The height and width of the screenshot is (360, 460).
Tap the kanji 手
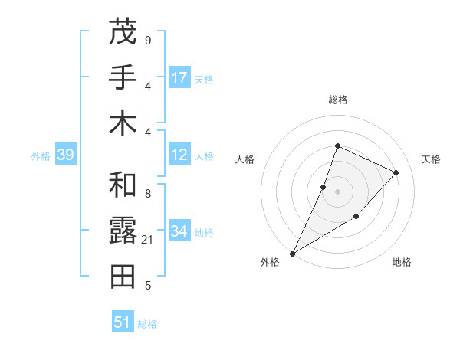click(122, 77)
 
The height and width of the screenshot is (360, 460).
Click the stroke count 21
click(147, 241)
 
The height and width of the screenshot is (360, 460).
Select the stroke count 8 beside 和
click(147, 195)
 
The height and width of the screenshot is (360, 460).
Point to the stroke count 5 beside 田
click(147, 286)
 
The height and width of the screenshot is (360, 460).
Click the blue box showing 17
click(179, 78)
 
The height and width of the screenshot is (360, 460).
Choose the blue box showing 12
click(179, 155)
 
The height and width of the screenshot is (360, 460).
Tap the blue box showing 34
click(179, 231)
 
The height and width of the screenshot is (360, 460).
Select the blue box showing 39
click(65, 155)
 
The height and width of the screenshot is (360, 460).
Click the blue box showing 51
click(122, 322)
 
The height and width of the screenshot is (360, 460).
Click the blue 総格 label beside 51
click(147, 324)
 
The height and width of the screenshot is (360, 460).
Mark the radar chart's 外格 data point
click(292, 253)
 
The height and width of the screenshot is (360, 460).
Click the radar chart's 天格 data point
click(396, 172)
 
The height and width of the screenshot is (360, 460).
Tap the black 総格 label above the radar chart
click(337, 100)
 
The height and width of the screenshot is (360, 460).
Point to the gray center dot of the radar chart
click(337, 191)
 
